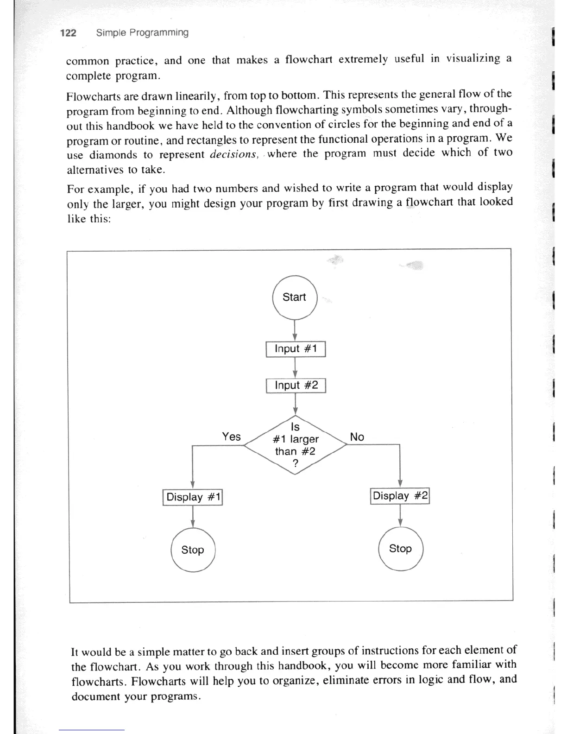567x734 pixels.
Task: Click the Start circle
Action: coord(294,297)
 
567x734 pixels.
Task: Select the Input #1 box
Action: coord(296,349)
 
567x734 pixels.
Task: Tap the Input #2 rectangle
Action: coord(296,386)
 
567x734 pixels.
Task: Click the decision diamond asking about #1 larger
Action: coord(295,445)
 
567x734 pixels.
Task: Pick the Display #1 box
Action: coord(193,497)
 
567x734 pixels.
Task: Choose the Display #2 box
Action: coord(400,496)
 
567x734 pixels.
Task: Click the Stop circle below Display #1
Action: coord(193,550)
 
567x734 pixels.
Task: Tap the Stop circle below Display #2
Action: coord(400,549)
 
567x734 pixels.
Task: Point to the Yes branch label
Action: coord(231,437)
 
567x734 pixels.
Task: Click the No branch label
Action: coord(357,437)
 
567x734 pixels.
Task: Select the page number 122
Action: coord(68,33)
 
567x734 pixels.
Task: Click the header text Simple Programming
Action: coord(142,32)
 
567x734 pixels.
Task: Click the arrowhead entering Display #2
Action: coord(400,483)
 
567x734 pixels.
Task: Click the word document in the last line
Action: coord(96,696)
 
